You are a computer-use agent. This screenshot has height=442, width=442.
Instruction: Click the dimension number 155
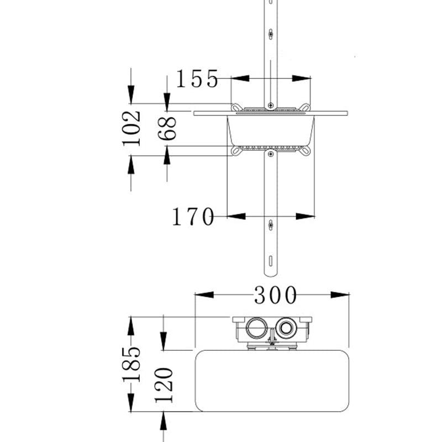(x=197, y=78)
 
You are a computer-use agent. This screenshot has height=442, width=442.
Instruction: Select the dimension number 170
(x=193, y=217)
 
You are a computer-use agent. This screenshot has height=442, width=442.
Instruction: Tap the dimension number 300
(x=275, y=295)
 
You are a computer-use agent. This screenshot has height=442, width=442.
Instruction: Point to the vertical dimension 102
(x=131, y=129)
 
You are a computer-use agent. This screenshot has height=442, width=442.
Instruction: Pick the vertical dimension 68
(x=167, y=128)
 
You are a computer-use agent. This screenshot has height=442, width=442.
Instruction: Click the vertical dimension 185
(x=131, y=364)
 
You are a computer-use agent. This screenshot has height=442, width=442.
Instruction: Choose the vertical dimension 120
(x=164, y=385)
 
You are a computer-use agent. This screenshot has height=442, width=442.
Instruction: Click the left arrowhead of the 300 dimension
(x=204, y=295)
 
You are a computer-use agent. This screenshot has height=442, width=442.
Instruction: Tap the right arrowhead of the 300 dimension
(x=340, y=295)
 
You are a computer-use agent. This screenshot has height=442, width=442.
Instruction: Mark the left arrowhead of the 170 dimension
(x=236, y=216)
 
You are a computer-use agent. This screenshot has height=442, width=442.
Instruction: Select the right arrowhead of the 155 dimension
(x=301, y=78)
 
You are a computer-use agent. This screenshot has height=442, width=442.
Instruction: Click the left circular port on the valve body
(x=256, y=328)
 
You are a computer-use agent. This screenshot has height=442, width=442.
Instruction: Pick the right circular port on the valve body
(x=286, y=328)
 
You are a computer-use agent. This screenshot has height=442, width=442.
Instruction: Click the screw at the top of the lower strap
(x=271, y=154)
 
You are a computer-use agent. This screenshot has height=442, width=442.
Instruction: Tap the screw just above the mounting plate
(x=271, y=106)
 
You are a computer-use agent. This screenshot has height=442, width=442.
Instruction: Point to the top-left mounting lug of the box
(x=236, y=107)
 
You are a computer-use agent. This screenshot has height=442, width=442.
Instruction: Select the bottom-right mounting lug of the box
(x=305, y=151)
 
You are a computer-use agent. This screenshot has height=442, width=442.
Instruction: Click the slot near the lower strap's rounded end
(x=271, y=261)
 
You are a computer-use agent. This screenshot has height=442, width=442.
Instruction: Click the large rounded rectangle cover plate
(x=272, y=381)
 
